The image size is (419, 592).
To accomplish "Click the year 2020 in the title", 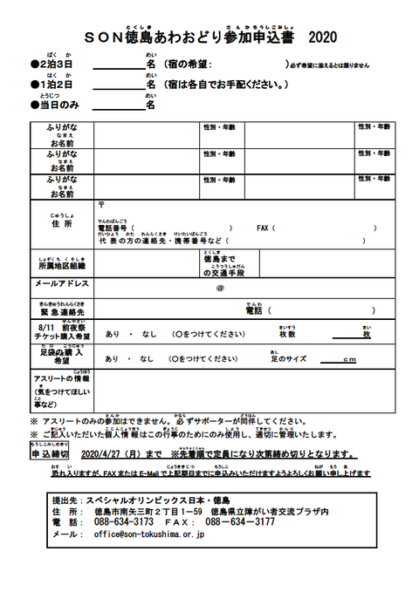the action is [x=321, y=37].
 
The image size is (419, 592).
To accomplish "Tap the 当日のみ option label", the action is [x=58, y=105].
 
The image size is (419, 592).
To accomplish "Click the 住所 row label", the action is [x=62, y=224].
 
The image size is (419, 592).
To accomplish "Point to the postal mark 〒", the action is [x=102, y=205].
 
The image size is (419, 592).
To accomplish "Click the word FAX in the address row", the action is [x=264, y=228].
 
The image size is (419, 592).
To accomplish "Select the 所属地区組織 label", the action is [x=62, y=266].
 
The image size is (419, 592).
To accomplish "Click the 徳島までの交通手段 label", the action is [x=224, y=266].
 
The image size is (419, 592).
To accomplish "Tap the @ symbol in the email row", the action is [x=220, y=287].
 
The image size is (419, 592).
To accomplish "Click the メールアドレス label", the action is [x=62, y=284].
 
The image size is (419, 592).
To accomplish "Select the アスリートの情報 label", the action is [x=62, y=380].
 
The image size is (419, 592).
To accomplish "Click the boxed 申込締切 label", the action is [x=50, y=454].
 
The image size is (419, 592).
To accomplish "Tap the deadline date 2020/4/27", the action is [x=109, y=454].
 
